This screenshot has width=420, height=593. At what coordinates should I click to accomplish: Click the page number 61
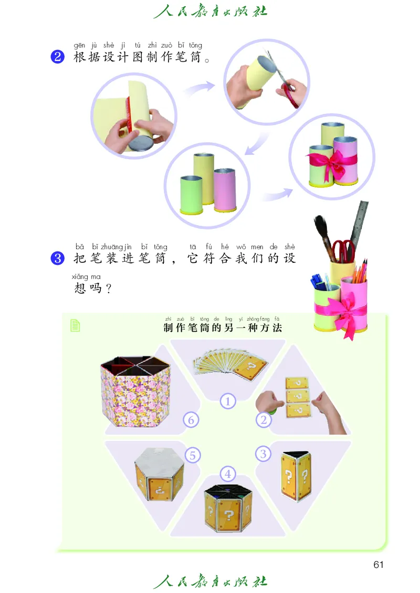[x=379, y=565]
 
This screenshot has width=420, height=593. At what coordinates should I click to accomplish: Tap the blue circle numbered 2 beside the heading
[x=57, y=57]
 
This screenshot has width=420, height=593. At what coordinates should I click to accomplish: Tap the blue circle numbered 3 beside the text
[x=57, y=258]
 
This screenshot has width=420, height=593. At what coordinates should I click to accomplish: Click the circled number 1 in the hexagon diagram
[x=227, y=401]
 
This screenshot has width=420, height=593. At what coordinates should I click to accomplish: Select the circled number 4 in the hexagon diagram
[x=227, y=474]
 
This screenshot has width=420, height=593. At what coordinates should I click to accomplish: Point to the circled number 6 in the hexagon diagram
[x=191, y=420]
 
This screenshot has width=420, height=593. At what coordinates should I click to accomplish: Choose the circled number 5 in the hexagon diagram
[x=192, y=455]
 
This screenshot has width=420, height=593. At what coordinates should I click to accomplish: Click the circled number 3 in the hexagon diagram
[x=264, y=453]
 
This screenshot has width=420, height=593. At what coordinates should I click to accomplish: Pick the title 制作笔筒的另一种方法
[x=223, y=328]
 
